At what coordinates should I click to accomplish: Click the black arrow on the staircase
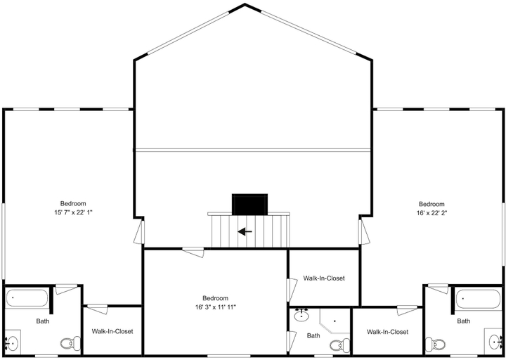tap(245, 231)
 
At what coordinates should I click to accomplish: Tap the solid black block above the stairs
tap(249, 204)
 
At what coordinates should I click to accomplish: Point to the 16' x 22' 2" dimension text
tap(432, 213)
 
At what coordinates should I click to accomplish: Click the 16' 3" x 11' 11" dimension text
tap(215, 307)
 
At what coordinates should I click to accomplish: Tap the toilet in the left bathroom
tap(70, 343)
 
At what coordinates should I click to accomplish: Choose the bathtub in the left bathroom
tap(27, 298)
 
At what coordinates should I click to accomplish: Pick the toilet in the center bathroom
tap(339, 345)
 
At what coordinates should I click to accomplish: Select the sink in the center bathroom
tap(301, 315)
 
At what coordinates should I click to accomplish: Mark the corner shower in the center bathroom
tap(335, 321)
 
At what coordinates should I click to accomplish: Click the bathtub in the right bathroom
tap(479, 299)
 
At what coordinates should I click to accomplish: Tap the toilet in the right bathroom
tap(435, 344)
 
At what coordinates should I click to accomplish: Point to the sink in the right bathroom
tap(495, 342)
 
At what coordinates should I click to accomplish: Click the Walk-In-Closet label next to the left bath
tap(112, 331)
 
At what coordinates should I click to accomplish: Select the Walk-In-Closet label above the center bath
tap(324, 278)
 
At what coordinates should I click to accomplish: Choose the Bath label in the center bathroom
tap(313, 336)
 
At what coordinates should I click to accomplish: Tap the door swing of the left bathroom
tap(67, 289)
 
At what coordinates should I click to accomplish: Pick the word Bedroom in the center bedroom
tap(215, 298)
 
